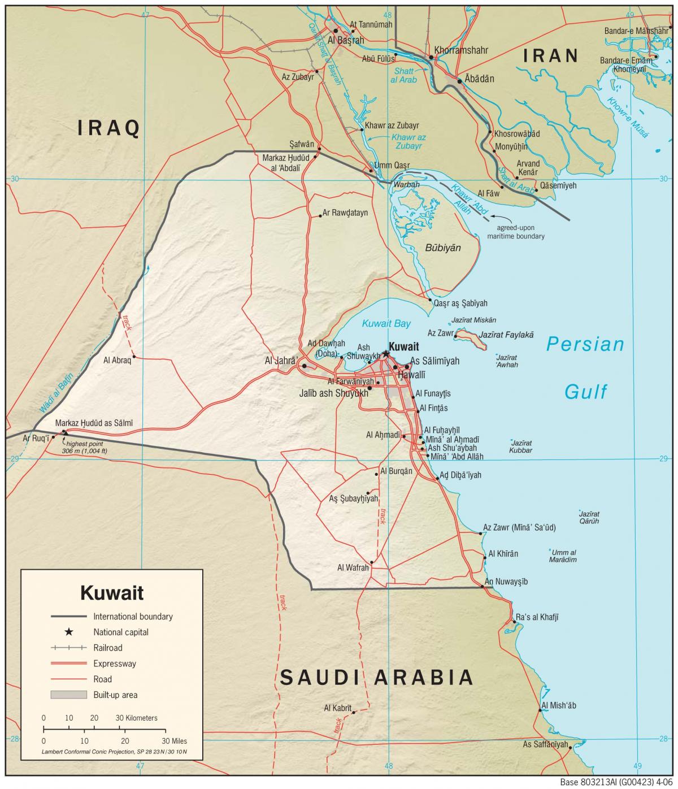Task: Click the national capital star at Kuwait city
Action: coord(386,354)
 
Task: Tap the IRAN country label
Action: coord(550,55)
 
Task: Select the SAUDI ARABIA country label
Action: coord(376,677)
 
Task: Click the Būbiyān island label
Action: coord(443,248)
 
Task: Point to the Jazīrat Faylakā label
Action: coord(506,335)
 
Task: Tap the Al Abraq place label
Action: coord(118,359)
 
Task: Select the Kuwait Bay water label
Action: coord(386,324)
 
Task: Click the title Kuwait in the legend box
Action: coord(112,593)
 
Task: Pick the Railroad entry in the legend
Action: coord(107,648)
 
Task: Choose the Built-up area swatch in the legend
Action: coord(68,695)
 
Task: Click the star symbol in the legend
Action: coord(68,632)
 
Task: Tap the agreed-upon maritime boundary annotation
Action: coord(516,232)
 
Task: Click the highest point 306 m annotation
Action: coord(85,448)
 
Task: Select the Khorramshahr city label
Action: coord(460,50)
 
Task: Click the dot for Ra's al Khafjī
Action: coord(514,622)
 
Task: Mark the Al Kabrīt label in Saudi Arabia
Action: coord(338,708)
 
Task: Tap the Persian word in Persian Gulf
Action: coord(585,344)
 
